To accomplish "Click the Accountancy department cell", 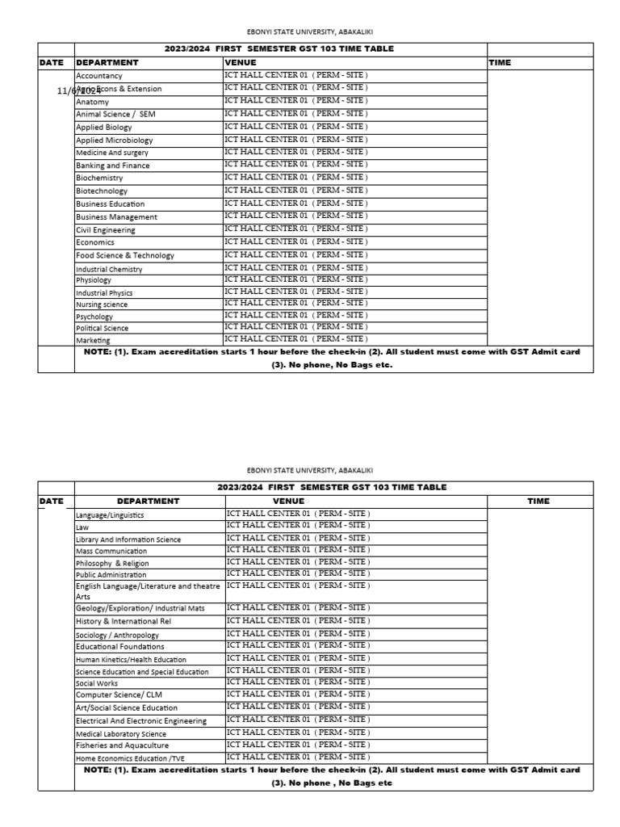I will pyautogui.click(x=98, y=76).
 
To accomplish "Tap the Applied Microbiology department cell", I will pyautogui.click(x=114, y=141).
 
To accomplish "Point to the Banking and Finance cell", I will pyautogui.click(x=112, y=166).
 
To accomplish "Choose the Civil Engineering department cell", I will pyautogui.click(x=106, y=230).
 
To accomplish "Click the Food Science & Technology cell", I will pyautogui.click(x=124, y=255).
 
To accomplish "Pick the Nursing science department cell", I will pyautogui.click(x=102, y=305).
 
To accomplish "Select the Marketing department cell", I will pyautogui.click(x=93, y=341).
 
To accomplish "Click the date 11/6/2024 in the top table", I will pyautogui.click(x=79, y=90).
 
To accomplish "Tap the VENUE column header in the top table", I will pyautogui.click(x=241, y=62).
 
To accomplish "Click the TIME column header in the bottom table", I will pyautogui.click(x=538, y=501).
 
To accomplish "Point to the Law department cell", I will pyautogui.click(x=82, y=527).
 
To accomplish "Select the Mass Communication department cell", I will pyautogui.click(x=111, y=551).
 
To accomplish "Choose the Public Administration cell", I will pyautogui.click(x=112, y=575).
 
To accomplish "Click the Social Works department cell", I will pyautogui.click(x=97, y=683).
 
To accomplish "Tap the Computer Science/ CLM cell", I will pyautogui.click(x=115, y=695).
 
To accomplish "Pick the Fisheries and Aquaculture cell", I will pyautogui.click(x=122, y=745).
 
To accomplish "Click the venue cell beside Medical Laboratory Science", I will pyautogui.click(x=298, y=733).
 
